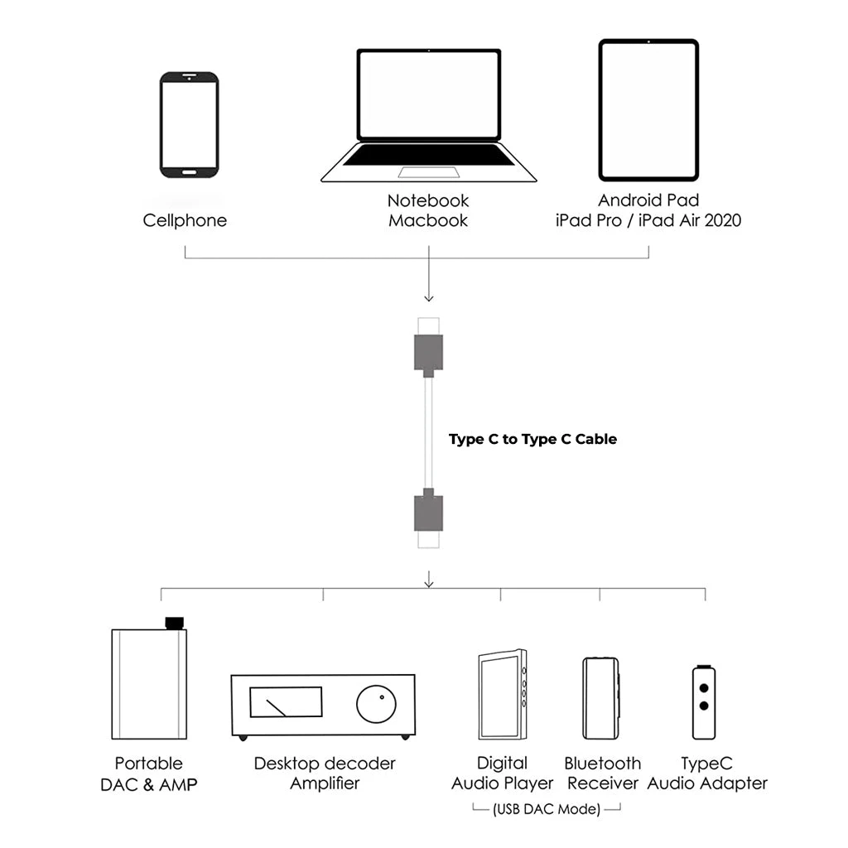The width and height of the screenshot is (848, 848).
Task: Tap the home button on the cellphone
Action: pos(189,171)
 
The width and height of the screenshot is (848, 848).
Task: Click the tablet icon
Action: pos(648,109)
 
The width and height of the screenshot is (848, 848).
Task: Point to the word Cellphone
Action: pos(185,220)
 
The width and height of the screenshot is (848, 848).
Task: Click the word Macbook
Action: pos(428,221)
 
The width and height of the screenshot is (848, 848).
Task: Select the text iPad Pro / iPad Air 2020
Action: pos(648,221)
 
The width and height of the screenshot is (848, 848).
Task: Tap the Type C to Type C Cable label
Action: pos(532,439)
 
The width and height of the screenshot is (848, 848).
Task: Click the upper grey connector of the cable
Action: pos(428,352)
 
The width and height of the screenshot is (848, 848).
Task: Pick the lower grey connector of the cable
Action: pos(428,513)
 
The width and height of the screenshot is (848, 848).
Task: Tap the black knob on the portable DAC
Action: pos(174,623)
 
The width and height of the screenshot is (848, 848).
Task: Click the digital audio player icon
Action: pos(502,695)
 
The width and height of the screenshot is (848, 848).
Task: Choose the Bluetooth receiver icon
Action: pos(600,697)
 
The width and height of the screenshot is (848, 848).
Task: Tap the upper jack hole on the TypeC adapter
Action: pos(704,687)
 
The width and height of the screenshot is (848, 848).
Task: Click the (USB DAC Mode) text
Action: pos(546,810)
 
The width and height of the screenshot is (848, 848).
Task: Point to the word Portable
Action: pos(149,764)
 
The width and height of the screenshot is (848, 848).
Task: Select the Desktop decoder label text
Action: pos(325,764)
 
